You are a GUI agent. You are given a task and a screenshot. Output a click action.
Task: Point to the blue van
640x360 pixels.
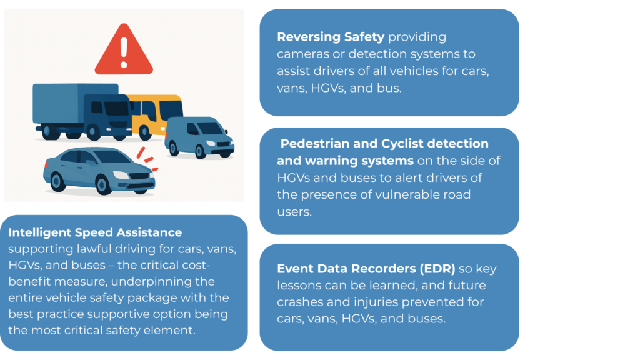pos(199,137)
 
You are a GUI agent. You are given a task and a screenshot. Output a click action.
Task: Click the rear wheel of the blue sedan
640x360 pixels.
pos(57,182)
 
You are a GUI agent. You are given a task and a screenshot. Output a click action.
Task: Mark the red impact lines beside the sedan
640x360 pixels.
pos(147,158)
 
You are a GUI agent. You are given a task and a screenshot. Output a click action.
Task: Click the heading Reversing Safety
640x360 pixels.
pos(331,37)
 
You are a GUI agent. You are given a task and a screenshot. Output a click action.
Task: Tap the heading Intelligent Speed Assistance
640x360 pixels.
pos(95,232)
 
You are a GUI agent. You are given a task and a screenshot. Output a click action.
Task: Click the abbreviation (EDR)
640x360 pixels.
pos(437,269)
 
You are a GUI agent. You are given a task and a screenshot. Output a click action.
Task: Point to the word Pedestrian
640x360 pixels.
pos(315,143)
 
